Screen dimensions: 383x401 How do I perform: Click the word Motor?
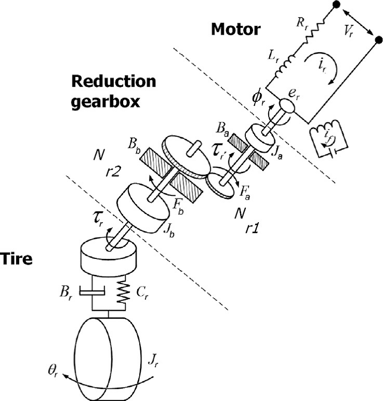(235, 29)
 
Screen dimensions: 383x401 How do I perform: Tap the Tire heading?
(16, 258)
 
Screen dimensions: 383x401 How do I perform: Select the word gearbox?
(106, 101)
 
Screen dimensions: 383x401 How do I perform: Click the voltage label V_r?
(348, 32)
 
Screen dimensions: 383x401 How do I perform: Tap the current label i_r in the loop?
(322, 66)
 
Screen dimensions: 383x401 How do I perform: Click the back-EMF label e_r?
(294, 95)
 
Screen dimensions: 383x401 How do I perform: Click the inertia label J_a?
(277, 154)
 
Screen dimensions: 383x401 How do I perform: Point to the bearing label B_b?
(134, 146)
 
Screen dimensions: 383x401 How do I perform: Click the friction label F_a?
(245, 193)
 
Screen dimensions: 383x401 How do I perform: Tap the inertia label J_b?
(169, 232)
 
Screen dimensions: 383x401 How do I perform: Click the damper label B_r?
(65, 292)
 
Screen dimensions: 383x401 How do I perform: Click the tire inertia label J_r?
(153, 362)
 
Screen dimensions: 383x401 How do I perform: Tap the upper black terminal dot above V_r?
(336, 4)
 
